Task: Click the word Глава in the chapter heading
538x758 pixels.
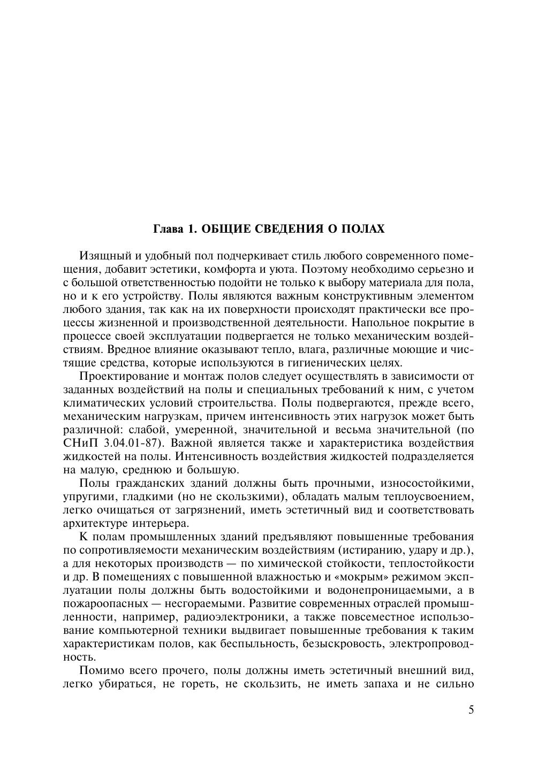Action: (x=168, y=229)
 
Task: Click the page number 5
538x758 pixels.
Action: (x=471, y=710)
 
